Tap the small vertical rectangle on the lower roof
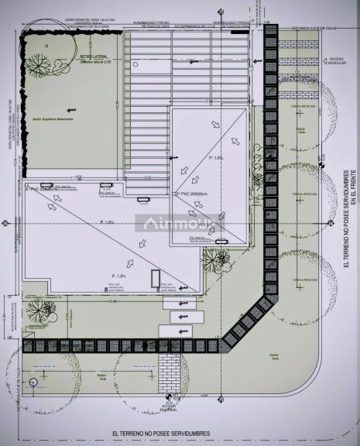(x=155, y=277)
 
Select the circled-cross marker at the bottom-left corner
(x=33, y=383)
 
